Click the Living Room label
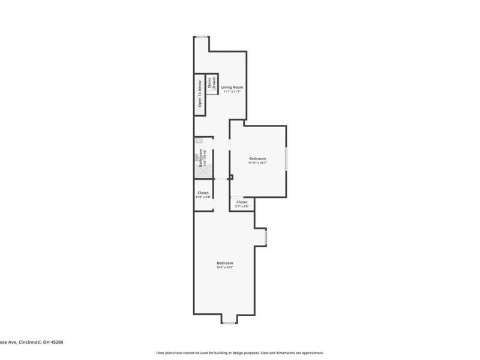click(232, 88)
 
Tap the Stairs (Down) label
click(212, 85)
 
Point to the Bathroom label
click(201, 158)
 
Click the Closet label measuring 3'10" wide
click(203, 193)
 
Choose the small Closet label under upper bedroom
click(242, 202)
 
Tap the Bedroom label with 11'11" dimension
click(257, 158)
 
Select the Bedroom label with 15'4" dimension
click(225, 263)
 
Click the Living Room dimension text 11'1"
click(232, 92)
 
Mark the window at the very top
click(202, 37)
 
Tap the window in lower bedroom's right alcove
click(265, 237)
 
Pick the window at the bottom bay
click(229, 323)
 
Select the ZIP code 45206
click(56, 342)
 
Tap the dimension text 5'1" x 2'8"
click(242, 206)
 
